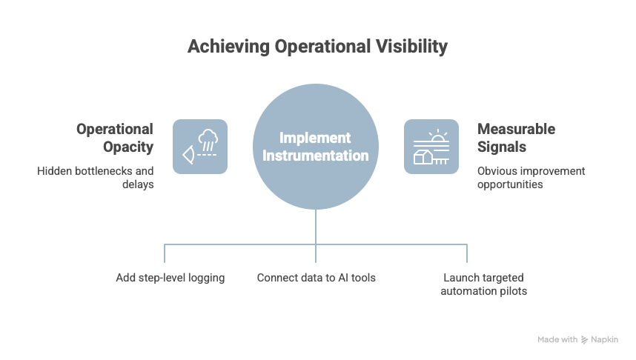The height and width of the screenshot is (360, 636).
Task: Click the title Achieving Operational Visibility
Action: [x=317, y=47]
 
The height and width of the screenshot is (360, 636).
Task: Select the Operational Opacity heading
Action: [x=115, y=138]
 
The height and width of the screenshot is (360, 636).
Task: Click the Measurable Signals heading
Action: [x=516, y=138]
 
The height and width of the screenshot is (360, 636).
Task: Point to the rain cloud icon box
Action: [x=200, y=147]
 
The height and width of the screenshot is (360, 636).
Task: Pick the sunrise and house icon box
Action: [x=431, y=147]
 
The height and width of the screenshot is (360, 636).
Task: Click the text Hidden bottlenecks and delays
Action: [x=96, y=177]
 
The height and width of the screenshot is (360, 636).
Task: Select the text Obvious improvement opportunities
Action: [x=531, y=177]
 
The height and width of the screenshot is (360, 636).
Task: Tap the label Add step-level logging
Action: [x=170, y=278]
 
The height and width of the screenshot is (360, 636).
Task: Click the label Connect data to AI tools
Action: [x=317, y=278]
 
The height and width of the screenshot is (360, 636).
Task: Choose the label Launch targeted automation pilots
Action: [x=483, y=284]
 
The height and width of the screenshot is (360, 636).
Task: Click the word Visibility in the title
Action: [x=414, y=47]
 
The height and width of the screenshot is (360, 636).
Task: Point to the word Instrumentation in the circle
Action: [x=316, y=156]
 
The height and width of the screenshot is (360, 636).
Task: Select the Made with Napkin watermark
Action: [x=577, y=339]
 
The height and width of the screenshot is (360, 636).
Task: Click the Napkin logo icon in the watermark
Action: [x=585, y=339]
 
